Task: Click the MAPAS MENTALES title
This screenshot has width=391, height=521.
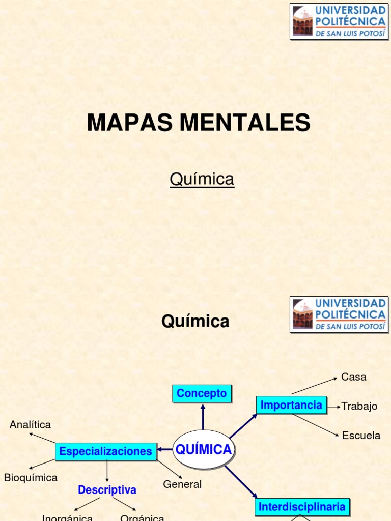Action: point(199,123)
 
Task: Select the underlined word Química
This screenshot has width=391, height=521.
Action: point(202,179)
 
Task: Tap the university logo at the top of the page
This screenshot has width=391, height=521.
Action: point(338,21)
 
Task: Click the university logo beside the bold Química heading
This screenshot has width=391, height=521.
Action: point(338,314)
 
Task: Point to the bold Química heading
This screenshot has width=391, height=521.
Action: point(195,322)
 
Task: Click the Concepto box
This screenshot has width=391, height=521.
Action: point(202,393)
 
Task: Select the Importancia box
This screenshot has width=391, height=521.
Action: point(291,405)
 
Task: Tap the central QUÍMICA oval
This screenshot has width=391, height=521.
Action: point(203,449)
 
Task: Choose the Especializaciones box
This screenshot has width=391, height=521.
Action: point(105,451)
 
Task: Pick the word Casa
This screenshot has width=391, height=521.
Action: point(354,377)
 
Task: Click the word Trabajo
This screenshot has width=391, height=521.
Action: point(359,406)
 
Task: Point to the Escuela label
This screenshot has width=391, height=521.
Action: point(361,436)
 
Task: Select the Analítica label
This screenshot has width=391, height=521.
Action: point(31,424)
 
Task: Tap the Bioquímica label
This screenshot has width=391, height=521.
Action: point(31,478)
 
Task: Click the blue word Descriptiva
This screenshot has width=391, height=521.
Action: point(107,490)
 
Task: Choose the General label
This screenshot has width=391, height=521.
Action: point(182,484)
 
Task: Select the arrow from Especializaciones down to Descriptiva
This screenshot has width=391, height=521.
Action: point(107,471)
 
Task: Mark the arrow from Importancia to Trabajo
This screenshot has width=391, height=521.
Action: point(334,407)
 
